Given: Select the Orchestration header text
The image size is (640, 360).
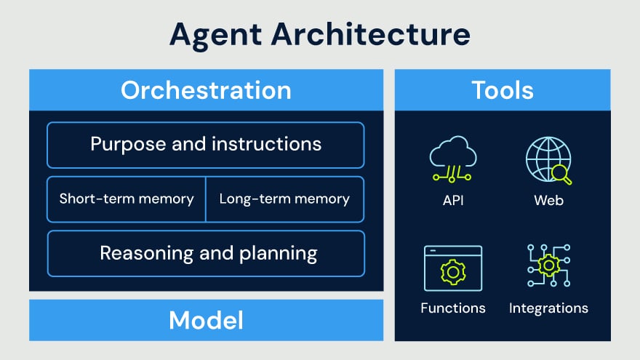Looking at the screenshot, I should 206,90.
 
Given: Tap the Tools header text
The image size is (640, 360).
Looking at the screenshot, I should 503,90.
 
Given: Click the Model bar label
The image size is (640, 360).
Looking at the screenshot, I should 206,320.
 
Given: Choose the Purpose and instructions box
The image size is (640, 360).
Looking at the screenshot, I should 206,145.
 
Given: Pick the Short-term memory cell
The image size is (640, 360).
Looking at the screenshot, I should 127,199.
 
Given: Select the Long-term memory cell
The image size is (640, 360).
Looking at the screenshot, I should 284,199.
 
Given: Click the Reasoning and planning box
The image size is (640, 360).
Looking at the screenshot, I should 206,253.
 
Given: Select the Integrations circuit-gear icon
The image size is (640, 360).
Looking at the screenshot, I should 548,265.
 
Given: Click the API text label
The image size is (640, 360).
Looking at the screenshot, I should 452,200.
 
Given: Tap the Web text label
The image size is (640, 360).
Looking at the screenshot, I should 548,200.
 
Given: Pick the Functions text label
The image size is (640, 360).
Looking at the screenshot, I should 452,308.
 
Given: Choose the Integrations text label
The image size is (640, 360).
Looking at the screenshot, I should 548,308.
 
